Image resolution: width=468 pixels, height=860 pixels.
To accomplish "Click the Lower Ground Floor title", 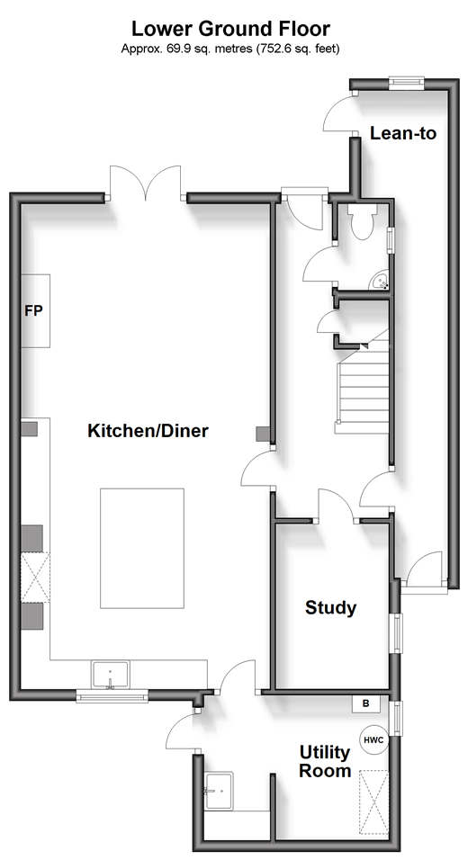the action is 230,29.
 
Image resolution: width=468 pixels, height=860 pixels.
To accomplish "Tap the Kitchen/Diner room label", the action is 148,431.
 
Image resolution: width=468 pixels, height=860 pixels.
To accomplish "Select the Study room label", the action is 331,608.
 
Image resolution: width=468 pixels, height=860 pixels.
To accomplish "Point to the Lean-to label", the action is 403,133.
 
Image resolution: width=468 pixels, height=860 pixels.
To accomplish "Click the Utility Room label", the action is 326,761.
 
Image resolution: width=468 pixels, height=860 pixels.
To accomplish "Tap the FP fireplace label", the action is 33,310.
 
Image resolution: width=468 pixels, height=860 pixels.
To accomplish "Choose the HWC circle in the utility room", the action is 374,739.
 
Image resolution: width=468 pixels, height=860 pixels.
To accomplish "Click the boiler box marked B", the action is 366,704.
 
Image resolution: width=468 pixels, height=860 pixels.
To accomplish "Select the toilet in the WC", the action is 362,222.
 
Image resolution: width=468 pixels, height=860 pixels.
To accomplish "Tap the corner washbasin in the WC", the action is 381,282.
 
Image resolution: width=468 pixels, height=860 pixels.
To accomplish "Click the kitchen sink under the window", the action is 111,674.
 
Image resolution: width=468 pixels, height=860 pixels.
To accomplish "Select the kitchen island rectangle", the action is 142,548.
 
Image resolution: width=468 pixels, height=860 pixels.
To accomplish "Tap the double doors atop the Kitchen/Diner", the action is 146,183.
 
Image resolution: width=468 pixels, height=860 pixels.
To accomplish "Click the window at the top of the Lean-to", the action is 407,82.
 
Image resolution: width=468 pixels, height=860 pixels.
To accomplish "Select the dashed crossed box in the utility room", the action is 373,804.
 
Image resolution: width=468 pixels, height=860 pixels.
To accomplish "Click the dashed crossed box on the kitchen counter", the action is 35,578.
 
